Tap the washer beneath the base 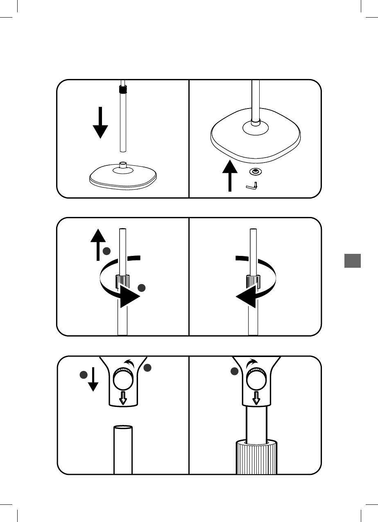pos(256,172)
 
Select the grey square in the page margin pos(352,261)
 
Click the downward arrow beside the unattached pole pos(100,123)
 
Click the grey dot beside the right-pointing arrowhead pos(142,288)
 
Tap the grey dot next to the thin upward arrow pos(107,251)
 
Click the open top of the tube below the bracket pos(123,427)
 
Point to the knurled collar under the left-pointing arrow pos(252,282)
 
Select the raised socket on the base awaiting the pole pos(122,165)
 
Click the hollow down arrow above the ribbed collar pos(256,397)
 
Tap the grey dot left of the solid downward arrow pos(84,375)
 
